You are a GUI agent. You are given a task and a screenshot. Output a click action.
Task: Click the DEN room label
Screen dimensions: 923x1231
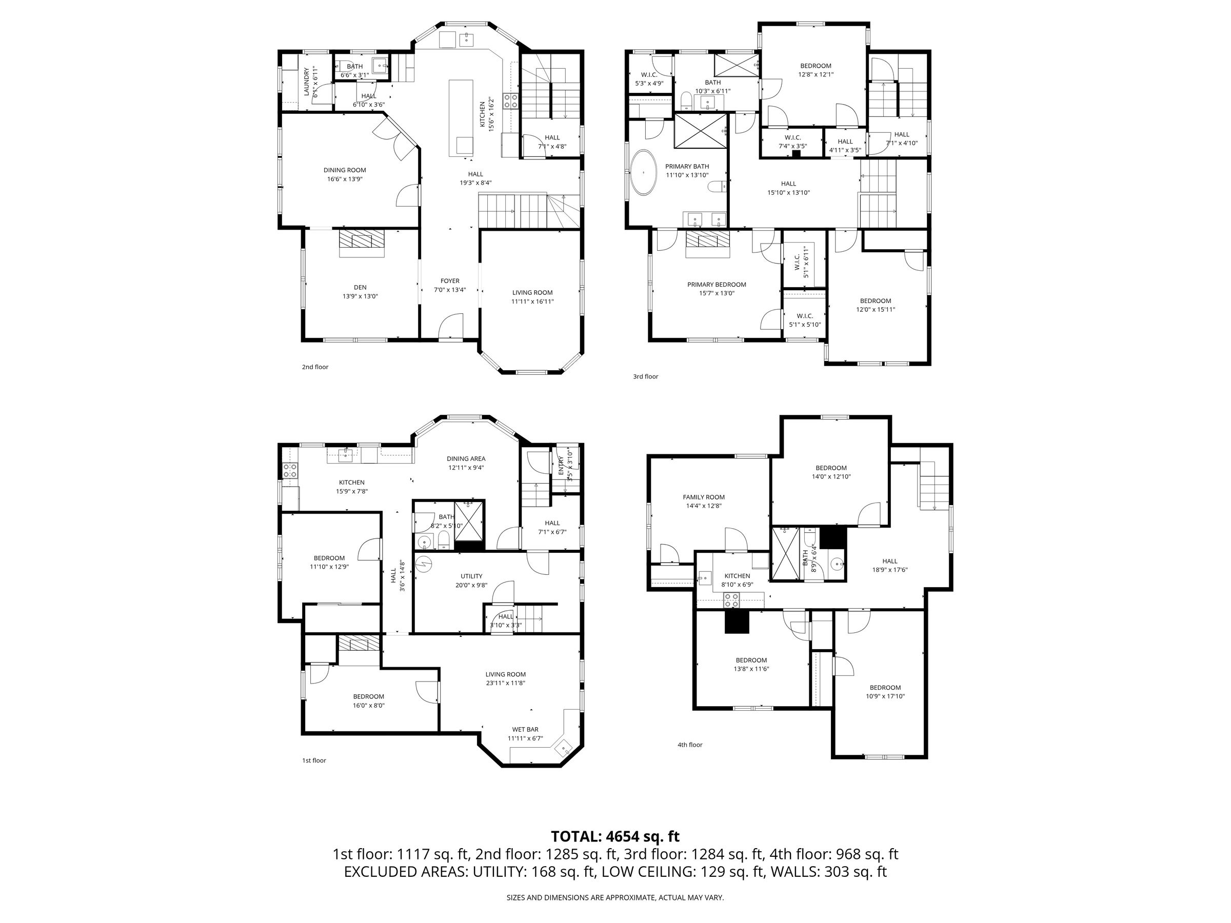point(360,288)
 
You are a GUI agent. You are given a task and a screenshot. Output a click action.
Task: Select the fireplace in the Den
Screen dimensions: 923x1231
point(362,240)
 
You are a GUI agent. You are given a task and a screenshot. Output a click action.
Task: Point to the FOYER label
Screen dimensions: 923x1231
point(450,281)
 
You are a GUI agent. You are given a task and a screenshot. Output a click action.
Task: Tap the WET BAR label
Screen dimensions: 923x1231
point(525,729)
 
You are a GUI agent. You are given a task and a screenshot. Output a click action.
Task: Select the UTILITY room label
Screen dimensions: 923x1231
point(471,576)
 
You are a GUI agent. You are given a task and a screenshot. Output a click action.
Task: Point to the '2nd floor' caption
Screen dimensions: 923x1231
point(315,367)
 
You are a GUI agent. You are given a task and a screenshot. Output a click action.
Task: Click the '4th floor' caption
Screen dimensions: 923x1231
point(689,745)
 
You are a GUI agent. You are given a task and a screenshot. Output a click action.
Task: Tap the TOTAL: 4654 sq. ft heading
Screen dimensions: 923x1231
point(615,837)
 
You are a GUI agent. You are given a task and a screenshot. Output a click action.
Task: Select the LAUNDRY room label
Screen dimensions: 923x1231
point(306,82)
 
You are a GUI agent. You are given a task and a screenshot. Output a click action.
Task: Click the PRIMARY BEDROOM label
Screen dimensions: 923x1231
point(716,284)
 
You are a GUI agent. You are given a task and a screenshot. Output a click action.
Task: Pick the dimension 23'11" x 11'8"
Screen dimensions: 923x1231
point(505,683)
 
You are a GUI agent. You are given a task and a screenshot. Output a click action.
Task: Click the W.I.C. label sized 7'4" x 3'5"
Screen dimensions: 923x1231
point(792,137)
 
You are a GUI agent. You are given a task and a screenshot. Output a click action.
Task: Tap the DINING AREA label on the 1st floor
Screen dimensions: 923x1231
point(466,459)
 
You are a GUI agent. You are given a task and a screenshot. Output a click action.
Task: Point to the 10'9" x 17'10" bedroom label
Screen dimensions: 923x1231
point(885,696)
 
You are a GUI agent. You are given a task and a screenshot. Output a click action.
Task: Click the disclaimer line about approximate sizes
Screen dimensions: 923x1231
point(615,897)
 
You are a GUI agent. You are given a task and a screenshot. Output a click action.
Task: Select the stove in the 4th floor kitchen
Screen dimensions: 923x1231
point(731,600)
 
